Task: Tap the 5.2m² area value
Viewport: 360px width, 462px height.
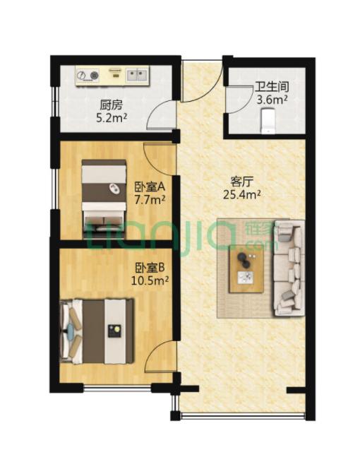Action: tap(112, 118)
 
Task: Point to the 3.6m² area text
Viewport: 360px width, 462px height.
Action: tap(271, 100)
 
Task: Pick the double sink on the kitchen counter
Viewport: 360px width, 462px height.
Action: tap(136, 73)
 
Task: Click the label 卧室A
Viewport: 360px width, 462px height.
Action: tap(149, 187)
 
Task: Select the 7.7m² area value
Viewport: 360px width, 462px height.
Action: tap(150, 200)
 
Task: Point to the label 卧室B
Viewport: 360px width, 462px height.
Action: tap(150, 268)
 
